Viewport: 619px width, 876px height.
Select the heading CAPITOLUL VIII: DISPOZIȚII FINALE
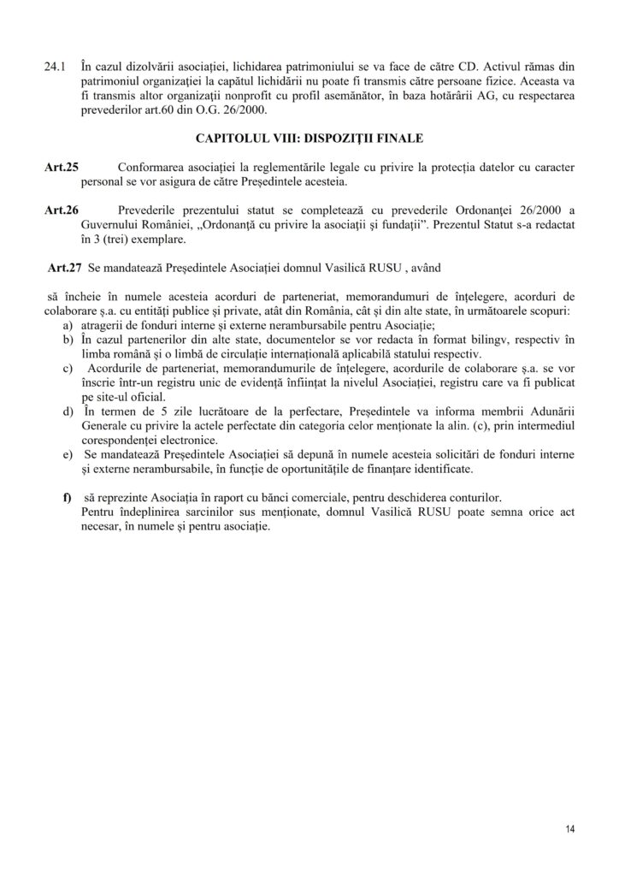coord(309,136)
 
